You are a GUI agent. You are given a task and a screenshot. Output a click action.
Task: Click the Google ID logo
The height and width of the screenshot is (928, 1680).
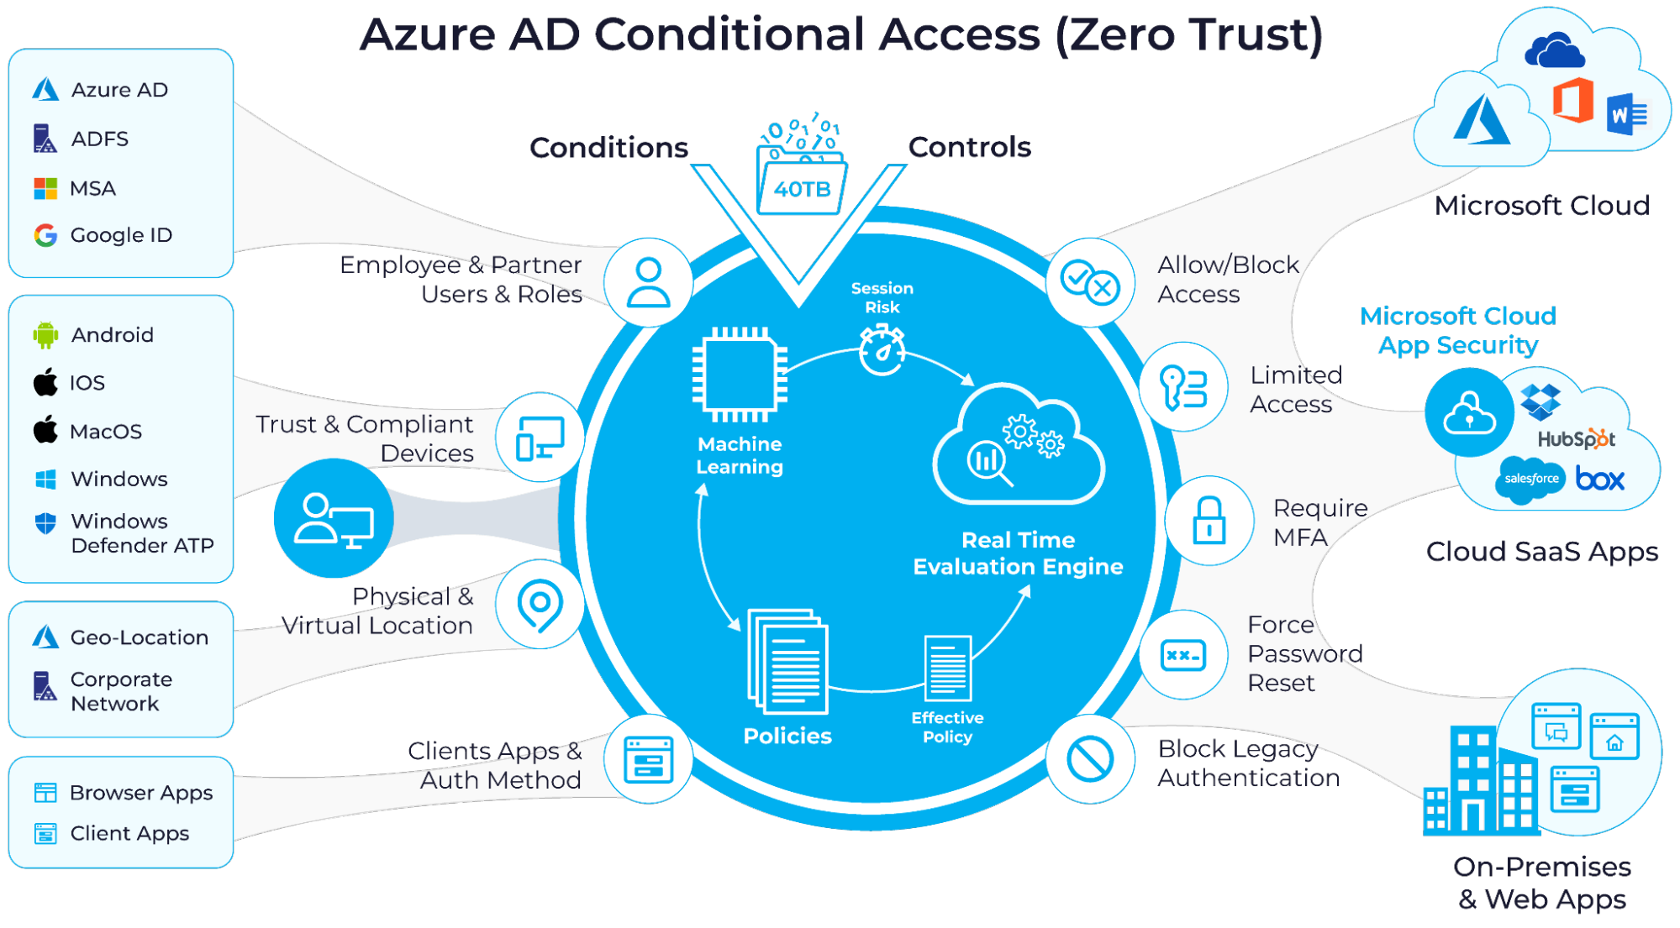point(45,235)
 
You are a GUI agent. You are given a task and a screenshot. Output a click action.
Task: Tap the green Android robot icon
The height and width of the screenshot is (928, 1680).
point(45,334)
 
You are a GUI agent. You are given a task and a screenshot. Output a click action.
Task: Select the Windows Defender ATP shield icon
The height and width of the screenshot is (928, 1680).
point(45,523)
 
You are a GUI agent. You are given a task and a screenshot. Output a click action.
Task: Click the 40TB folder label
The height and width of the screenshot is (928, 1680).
point(803,189)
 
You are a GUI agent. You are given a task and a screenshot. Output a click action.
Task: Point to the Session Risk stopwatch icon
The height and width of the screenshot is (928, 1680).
point(882,349)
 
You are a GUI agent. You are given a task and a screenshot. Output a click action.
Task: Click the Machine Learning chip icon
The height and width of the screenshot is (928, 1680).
point(740,375)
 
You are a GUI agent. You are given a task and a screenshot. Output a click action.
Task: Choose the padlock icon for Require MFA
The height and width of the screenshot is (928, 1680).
point(1209,520)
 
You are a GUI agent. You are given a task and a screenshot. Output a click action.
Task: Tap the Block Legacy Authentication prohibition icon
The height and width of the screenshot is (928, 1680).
point(1090,759)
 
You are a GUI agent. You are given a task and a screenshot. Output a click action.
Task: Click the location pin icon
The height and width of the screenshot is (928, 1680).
point(540,605)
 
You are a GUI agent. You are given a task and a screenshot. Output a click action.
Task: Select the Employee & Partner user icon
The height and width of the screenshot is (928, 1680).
point(649,282)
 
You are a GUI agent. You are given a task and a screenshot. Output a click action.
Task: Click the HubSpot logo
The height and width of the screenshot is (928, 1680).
point(1576,438)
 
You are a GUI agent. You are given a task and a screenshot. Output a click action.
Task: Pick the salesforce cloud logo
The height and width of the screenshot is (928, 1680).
point(1531,480)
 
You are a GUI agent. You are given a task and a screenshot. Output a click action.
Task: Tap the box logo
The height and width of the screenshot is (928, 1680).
point(1600,479)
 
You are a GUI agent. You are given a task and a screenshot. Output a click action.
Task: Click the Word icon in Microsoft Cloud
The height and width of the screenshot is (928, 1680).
point(1628,114)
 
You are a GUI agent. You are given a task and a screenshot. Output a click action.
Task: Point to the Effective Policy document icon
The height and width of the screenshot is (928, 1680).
point(947,668)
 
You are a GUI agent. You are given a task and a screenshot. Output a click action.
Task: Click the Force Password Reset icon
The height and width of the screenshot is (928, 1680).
point(1183,655)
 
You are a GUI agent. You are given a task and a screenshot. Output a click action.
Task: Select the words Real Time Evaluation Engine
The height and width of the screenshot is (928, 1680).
point(1018,553)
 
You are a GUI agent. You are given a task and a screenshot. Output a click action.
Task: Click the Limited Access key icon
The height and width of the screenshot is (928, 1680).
point(1183,388)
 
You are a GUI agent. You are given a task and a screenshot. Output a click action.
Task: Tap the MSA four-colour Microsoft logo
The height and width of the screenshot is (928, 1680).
point(45,188)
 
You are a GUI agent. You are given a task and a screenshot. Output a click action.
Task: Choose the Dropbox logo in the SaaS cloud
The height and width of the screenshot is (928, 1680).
point(1540,402)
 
